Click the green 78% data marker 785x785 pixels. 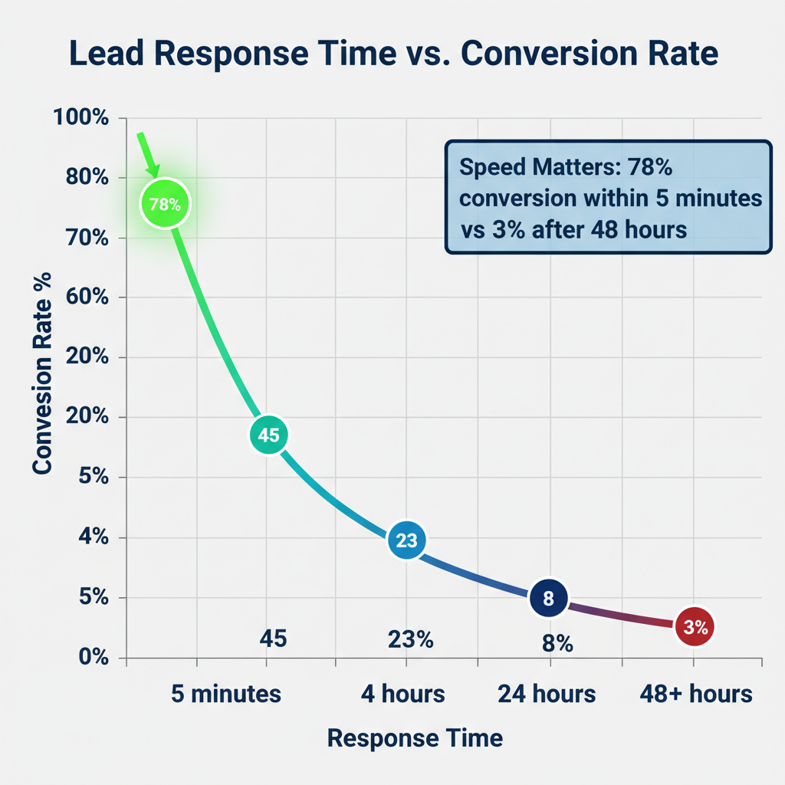coord(164,205)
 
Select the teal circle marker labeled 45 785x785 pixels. coord(268,435)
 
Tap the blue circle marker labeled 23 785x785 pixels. coord(406,540)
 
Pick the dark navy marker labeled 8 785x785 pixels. coord(548,599)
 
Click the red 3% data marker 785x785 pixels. coord(695,627)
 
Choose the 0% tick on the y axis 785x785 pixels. coord(92,657)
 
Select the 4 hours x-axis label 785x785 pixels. coord(403,694)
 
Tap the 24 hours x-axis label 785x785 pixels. coord(547,694)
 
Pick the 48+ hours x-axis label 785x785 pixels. coord(696,694)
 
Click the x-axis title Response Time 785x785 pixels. coord(415,738)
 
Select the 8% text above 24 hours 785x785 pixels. coord(557,644)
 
